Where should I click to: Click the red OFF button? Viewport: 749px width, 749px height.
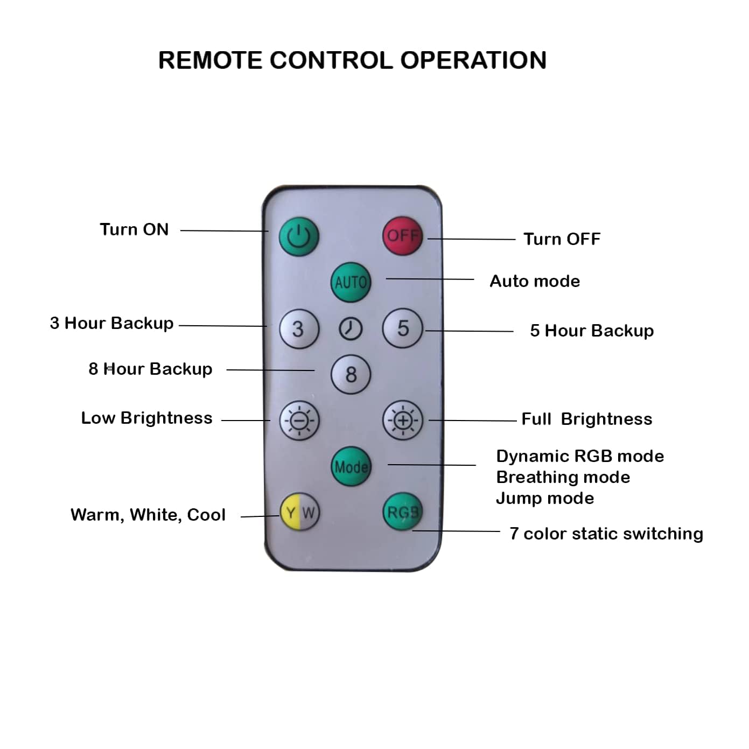[x=402, y=236]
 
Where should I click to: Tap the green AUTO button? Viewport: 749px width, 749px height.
[x=351, y=282]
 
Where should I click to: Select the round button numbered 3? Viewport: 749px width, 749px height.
[x=299, y=328]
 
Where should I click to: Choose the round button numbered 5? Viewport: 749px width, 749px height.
[x=402, y=328]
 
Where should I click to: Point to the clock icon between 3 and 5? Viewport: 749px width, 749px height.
[x=351, y=328]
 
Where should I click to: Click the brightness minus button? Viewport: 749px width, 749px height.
[x=299, y=420]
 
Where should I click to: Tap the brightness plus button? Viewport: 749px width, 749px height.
[x=402, y=420]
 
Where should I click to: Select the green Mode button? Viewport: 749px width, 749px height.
[x=351, y=466]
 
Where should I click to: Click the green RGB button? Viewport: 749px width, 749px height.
[x=402, y=512]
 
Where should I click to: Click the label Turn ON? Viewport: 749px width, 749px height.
[x=134, y=229]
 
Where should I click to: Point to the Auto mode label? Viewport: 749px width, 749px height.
[x=535, y=281]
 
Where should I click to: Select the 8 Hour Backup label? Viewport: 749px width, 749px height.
[x=150, y=369]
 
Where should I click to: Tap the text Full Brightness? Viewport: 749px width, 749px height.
[x=586, y=419]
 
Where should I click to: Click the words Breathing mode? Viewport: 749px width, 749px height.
[x=563, y=477]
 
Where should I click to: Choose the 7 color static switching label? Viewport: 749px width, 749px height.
[x=606, y=534]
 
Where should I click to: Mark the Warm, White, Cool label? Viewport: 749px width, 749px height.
[x=148, y=515]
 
